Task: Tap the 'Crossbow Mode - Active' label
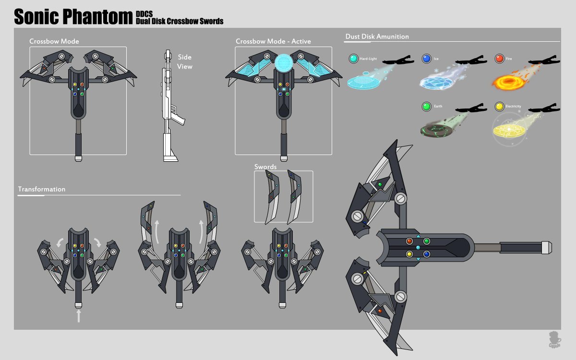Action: click(x=273, y=41)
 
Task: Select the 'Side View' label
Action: click(x=185, y=62)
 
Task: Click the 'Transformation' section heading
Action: click(x=41, y=189)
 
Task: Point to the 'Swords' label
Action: click(x=265, y=167)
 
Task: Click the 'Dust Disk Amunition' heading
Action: click(x=377, y=36)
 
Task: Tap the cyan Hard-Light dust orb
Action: click(x=354, y=59)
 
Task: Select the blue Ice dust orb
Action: click(x=426, y=59)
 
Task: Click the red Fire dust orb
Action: click(x=499, y=59)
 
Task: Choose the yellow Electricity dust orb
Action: click(x=499, y=106)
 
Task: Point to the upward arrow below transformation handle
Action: click(x=79, y=315)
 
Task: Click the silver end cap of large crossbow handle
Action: click(x=546, y=247)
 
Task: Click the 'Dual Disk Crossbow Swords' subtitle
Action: click(x=180, y=21)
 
